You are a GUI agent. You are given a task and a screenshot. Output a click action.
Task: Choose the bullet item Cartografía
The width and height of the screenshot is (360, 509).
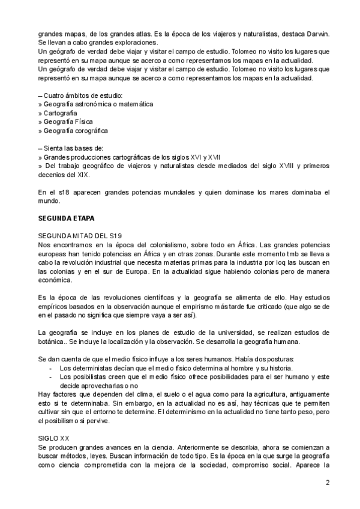pyautogui.click(x=59, y=112)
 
